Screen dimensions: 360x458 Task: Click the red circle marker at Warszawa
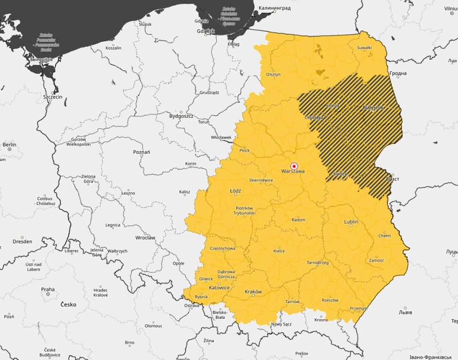294,166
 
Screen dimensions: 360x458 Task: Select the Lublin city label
351,222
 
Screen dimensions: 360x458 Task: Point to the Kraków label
253,292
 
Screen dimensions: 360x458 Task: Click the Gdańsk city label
206,31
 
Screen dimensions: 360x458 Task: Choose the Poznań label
141,152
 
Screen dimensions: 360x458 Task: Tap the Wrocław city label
145,238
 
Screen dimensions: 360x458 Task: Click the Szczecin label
53,97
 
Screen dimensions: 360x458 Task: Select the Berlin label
9,144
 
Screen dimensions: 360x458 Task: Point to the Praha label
48,289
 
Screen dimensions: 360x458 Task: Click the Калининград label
274,8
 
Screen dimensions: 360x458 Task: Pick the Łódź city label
235,191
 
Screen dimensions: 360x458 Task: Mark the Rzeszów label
330,300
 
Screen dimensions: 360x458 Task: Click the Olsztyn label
273,74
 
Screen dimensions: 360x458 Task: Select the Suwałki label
364,47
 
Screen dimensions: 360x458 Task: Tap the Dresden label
22,241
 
